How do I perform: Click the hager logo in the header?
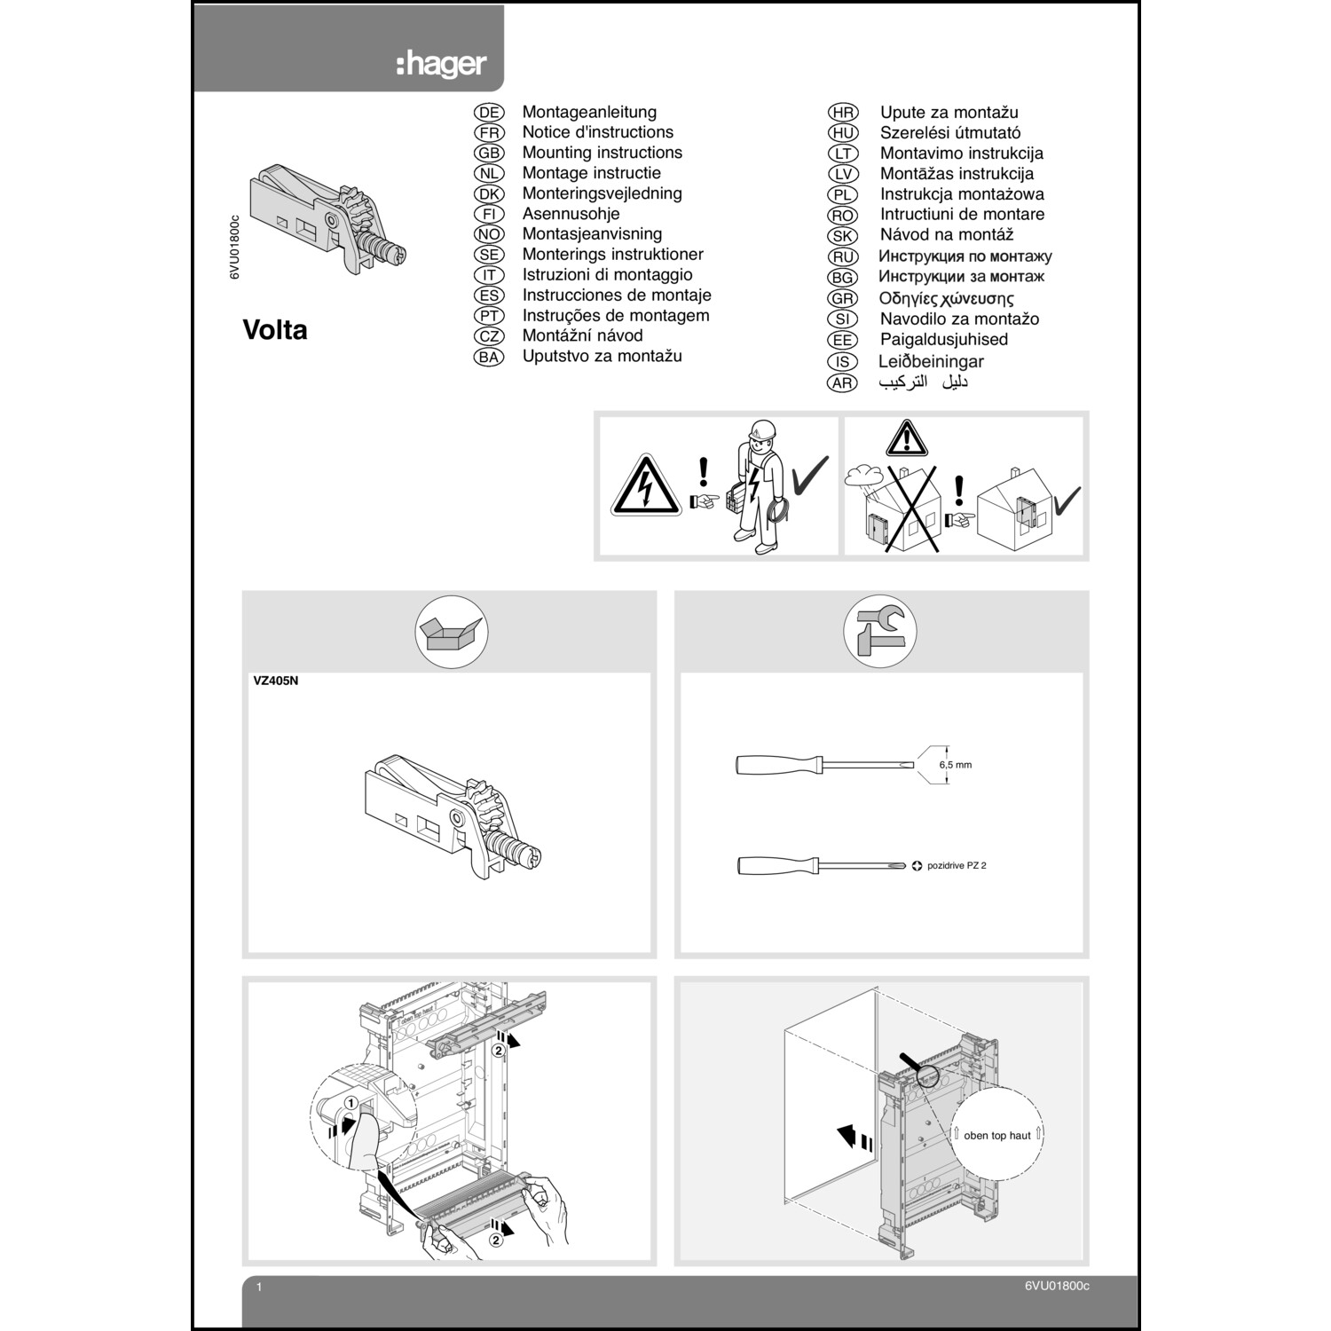coord(441,65)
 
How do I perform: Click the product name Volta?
coord(275,330)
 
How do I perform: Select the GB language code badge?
coord(489,153)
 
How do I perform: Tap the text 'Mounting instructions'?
coord(602,153)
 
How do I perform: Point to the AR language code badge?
coord(842,383)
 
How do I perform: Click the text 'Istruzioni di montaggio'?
coord(607,275)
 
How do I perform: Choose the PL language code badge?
coord(842,194)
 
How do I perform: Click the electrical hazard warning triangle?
coord(645,487)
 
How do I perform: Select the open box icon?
coord(452,633)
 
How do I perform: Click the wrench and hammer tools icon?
coord(879,632)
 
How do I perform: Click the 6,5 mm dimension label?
coord(956,765)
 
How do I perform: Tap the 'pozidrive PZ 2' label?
coord(956,865)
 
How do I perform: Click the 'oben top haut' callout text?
coord(996,1135)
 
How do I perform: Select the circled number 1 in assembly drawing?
coord(351,1102)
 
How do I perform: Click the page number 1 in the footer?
coord(258,1287)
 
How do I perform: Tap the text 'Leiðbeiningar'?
coord(931,362)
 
